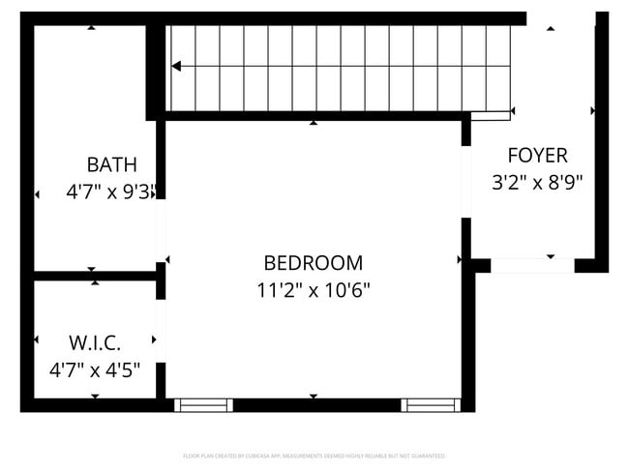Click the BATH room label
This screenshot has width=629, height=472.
[x=111, y=164]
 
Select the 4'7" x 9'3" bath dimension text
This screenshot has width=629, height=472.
[x=111, y=192]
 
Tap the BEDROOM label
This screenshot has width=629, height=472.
[x=314, y=263]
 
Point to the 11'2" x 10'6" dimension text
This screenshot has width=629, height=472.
[x=314, y=289]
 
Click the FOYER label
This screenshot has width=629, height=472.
[x=537, y=155]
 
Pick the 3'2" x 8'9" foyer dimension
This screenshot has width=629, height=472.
[x=537, y=181]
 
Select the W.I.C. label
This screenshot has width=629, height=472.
[x=95, y=342]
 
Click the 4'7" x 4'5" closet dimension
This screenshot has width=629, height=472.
[x=95, y=369]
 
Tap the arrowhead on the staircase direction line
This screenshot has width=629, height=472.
[x=176, y=67]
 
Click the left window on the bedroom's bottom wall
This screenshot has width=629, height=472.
[x=203, y=405]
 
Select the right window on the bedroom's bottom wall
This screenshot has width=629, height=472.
[x=431, y=405]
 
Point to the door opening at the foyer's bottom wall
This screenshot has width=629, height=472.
[x=532, y=265]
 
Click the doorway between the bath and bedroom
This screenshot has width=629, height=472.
[x=161, y=230]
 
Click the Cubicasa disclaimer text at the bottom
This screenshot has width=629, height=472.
[x=314, y=456]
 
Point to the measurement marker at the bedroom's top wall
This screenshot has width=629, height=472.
[x=314, y=123]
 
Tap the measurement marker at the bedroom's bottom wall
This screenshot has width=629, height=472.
[x=314, y=397]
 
